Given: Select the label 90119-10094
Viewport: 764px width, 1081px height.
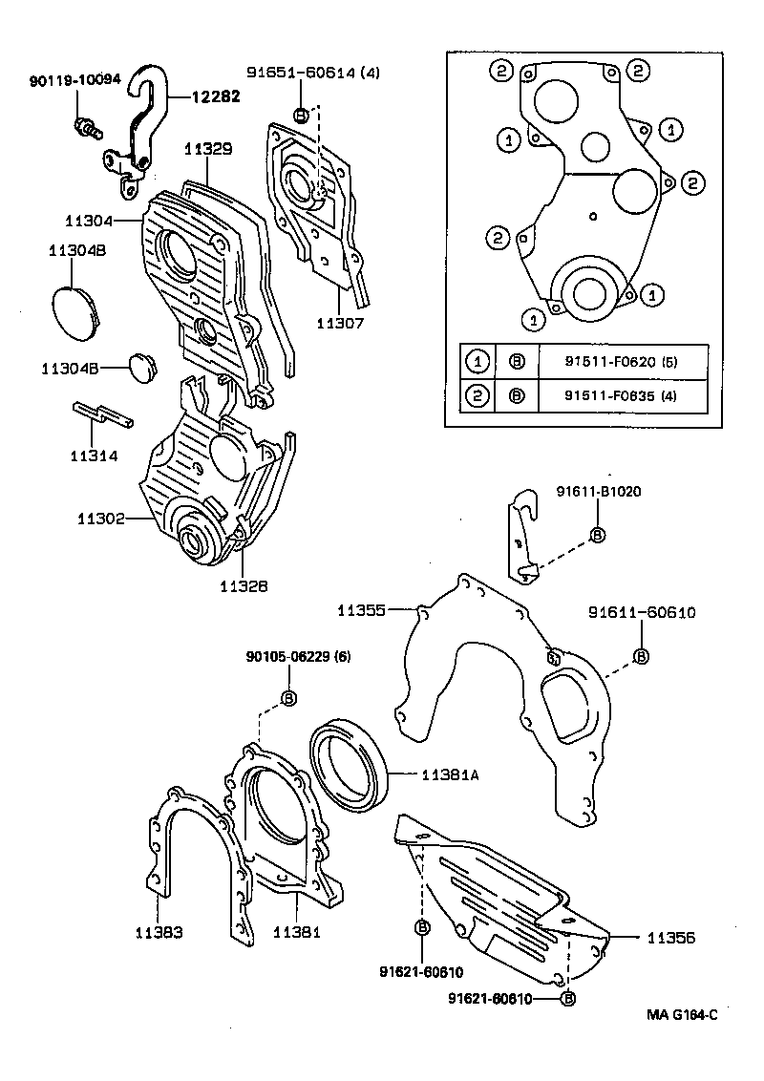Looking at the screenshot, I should click(x=74, y=80).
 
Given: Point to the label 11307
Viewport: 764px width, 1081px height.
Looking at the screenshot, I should click(x=340, y=323).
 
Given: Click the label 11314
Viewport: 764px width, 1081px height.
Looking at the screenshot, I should click(x=94, y=456).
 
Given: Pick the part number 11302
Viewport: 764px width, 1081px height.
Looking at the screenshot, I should click(x=101, y=519).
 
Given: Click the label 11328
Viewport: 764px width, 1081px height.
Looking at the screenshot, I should click(x=244, y=585).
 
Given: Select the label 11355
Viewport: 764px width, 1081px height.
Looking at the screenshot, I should click(x=361, y=609).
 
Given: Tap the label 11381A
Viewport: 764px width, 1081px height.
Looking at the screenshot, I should click(x=450, y=775).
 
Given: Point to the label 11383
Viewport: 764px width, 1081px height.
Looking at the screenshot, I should click(x=158, y=931).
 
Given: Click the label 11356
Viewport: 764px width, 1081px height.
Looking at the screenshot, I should click(x=670, y=938).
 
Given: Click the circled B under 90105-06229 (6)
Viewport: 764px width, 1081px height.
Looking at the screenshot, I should click(x=288, y=699).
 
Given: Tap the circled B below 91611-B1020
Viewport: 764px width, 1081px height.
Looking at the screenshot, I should click(x=598, y=535).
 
